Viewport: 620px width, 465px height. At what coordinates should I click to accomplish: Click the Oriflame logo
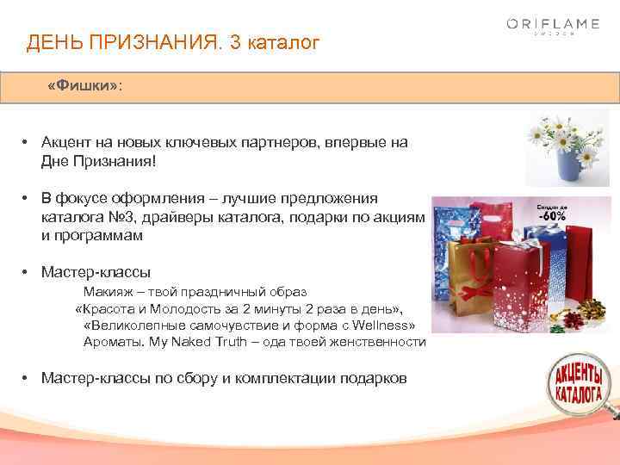point(552,27)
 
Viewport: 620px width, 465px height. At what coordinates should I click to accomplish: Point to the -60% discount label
point(552,215)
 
